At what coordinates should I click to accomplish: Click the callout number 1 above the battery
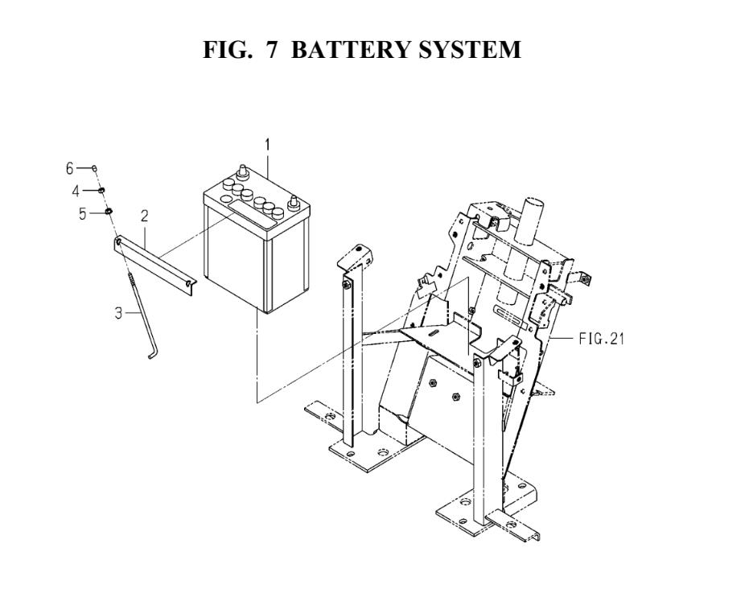[267, 146]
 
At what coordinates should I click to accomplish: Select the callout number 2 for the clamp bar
[144, 216]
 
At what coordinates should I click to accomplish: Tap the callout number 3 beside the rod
[118, 313]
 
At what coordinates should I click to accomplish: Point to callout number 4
[76, 191]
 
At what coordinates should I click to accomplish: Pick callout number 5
[82, 213]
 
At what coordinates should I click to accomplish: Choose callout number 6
[70, 168]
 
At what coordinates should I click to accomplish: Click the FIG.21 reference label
[601, 339]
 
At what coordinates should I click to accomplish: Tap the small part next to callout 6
[95, 168]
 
